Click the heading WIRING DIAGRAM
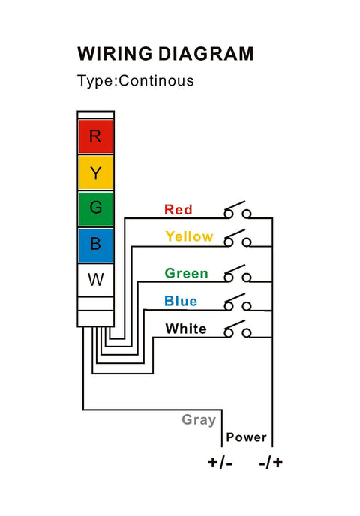click(165, 54)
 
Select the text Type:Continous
click(136, 80)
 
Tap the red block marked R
click(95, 136)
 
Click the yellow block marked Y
click(95, 172)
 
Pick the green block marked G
click(95, 208)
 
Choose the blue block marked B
click(95, 244)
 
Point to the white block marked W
click(95, 280)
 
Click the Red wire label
click(178, 210)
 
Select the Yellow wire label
click(189, 236)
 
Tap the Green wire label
click(187, 273)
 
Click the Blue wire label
click(181, 301)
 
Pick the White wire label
click(186, 328)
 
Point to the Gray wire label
click(199, 419)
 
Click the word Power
click(247, 437)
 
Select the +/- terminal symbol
click(220, 462)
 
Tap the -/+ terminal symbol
click(271, 462)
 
